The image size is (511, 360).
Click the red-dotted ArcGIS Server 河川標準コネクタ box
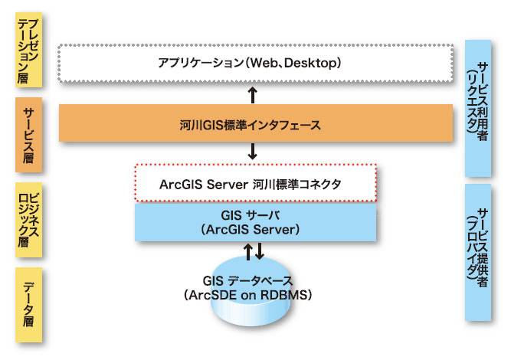click(x=255, y=183)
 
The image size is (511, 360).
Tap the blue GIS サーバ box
click(x=255, y=221)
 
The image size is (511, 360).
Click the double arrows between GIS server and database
click(x=254, y=250)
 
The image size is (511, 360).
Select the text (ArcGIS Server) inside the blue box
click(x=255, y=229)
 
